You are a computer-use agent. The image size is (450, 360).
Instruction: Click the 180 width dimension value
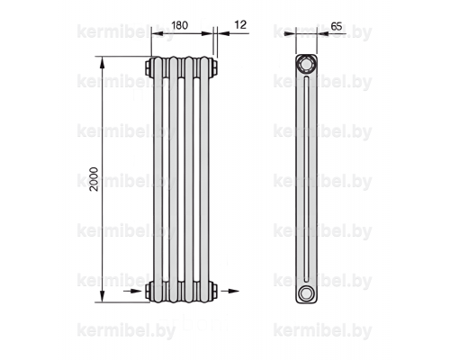(x=180, y=25)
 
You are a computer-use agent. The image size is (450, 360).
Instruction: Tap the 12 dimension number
(x=240, y=24)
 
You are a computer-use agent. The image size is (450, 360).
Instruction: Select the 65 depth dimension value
(x=337, y=26)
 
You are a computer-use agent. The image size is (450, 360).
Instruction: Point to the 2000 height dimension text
(x=94, y=179)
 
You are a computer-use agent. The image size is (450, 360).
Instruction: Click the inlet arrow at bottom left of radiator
(x=132, y=291)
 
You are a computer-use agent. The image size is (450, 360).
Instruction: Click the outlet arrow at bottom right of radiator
(x=229, y=291)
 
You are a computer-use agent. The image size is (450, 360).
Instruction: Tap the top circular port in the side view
(x=306, y=65)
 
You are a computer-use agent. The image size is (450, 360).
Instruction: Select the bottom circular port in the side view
(x=306, y=293)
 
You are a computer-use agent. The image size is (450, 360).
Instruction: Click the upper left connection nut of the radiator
(x=149, y=67)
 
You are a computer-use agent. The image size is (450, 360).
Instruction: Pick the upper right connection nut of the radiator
(x=213, y=67)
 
